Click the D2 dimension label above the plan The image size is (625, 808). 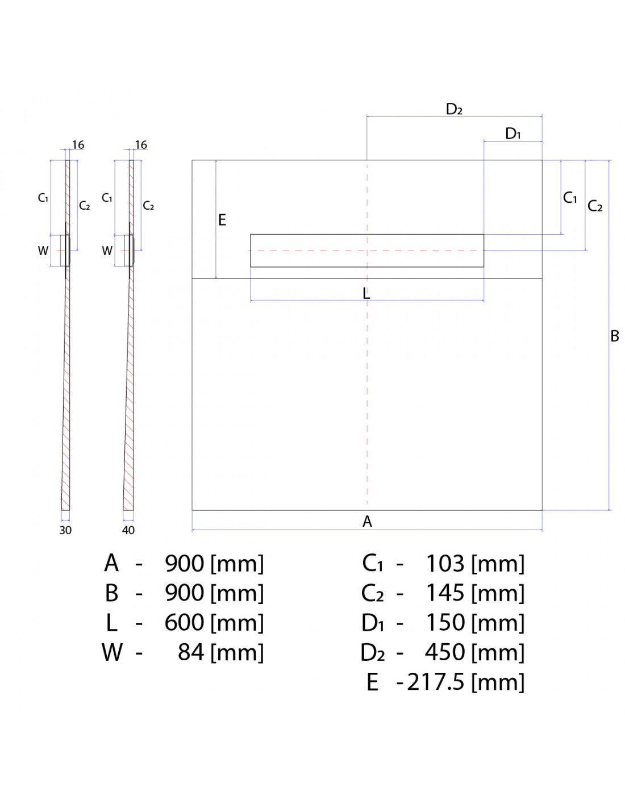pyautogui.click(x=454, y=109)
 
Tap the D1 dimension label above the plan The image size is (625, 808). pyautogui.click(x=513, y=134)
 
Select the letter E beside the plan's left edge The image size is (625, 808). pyautogui.click(x=222, y=220)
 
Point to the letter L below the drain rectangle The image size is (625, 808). pyautogui.click(x=366, y=293)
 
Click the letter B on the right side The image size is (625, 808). pyautogui.click(x=614, y=336)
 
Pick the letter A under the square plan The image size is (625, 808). pyautogui.click(x=367, y=521)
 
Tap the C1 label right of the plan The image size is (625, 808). pyautogui.click(x=570, y=198)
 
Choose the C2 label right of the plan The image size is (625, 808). pyautogui.click(x=595, y=206)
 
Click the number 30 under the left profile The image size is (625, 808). pyautogui.click(x=65, y=530)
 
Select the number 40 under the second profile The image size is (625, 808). pyautogui.click(x=128, y=530)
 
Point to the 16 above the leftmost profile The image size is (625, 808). pyautogui.click(x=78, y=145)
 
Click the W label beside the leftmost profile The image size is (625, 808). pyautogui.click(x=43, y=251)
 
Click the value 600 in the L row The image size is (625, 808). pyautogui.click(x=184, y=623)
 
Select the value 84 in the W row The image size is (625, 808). pyautogui.click(x=191, y=652)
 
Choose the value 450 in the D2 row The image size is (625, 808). pyautogui.click(x=445, y=652)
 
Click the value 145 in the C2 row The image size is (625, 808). pyautogui.click(x=445, y=593)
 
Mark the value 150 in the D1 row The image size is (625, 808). pyautogui.click(x=445, y=623)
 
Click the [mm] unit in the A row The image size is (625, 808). pyautogui.click(x=237, y=564)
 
